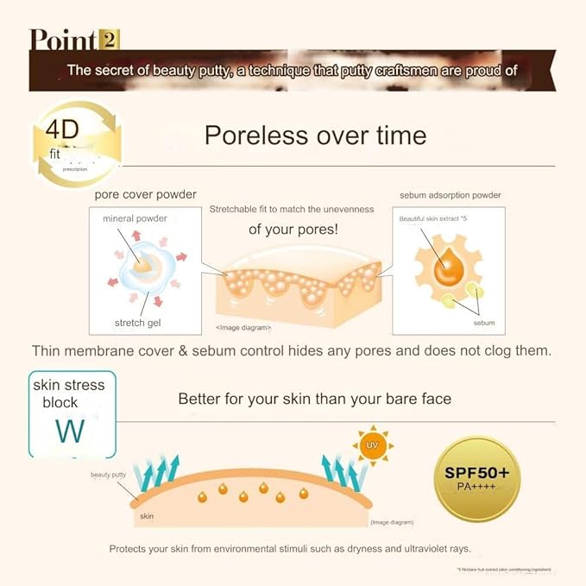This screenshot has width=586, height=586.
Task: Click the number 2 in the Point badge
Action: pos(110,39)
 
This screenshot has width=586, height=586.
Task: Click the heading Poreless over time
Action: pos(315,135)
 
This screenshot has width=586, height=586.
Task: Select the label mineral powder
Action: pos(135,218)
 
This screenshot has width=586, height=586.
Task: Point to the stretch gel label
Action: pos(138,323)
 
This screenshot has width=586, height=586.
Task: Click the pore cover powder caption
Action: pos(145,194)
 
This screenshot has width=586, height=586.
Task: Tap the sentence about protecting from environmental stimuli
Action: pos(289,549)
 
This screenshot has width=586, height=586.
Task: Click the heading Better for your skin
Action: pos(314,399)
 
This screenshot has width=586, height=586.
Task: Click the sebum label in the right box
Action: pos(484,322)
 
